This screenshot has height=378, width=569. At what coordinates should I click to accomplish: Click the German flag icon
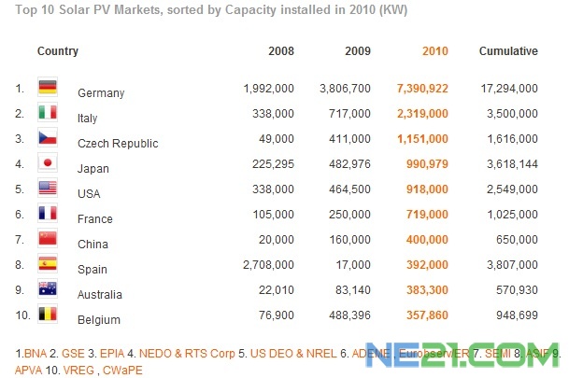[48, 88]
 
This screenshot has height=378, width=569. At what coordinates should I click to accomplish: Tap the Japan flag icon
[48, 163]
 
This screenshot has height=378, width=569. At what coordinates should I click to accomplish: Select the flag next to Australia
[48, 289]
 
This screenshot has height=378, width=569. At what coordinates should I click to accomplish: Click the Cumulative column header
[508, 51]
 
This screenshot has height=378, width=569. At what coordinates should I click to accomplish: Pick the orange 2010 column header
[435, 51]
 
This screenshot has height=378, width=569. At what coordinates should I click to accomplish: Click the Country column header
[58, 51]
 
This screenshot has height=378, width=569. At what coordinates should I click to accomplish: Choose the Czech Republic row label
[118, 144]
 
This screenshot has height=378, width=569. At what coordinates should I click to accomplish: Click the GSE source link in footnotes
[70, 355]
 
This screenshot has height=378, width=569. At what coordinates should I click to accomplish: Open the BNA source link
[34, 355]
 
